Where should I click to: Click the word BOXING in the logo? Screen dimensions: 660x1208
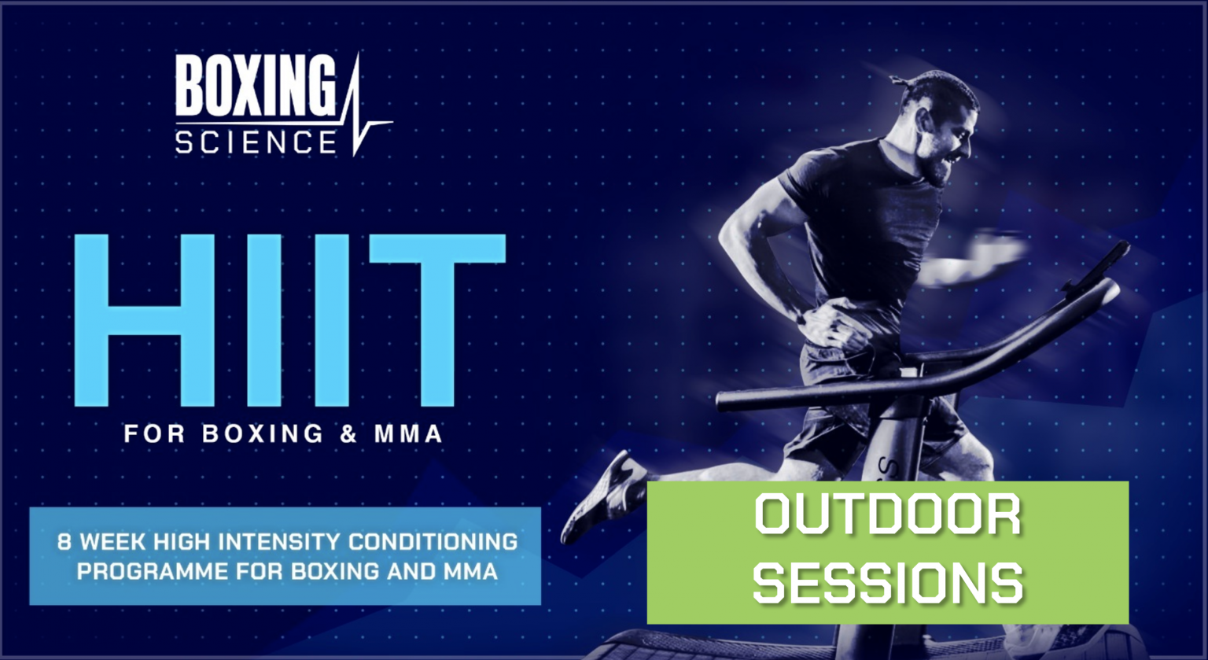tap(255, 87)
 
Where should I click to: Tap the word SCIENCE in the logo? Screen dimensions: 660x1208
tap(255, 142)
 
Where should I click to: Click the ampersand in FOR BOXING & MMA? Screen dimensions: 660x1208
tap(349, 433)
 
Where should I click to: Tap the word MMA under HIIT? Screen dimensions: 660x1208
tap(409, 433)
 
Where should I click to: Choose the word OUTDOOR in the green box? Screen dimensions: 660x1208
tap(888, 516)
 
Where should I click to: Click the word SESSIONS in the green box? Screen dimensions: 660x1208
tap(888, 582)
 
